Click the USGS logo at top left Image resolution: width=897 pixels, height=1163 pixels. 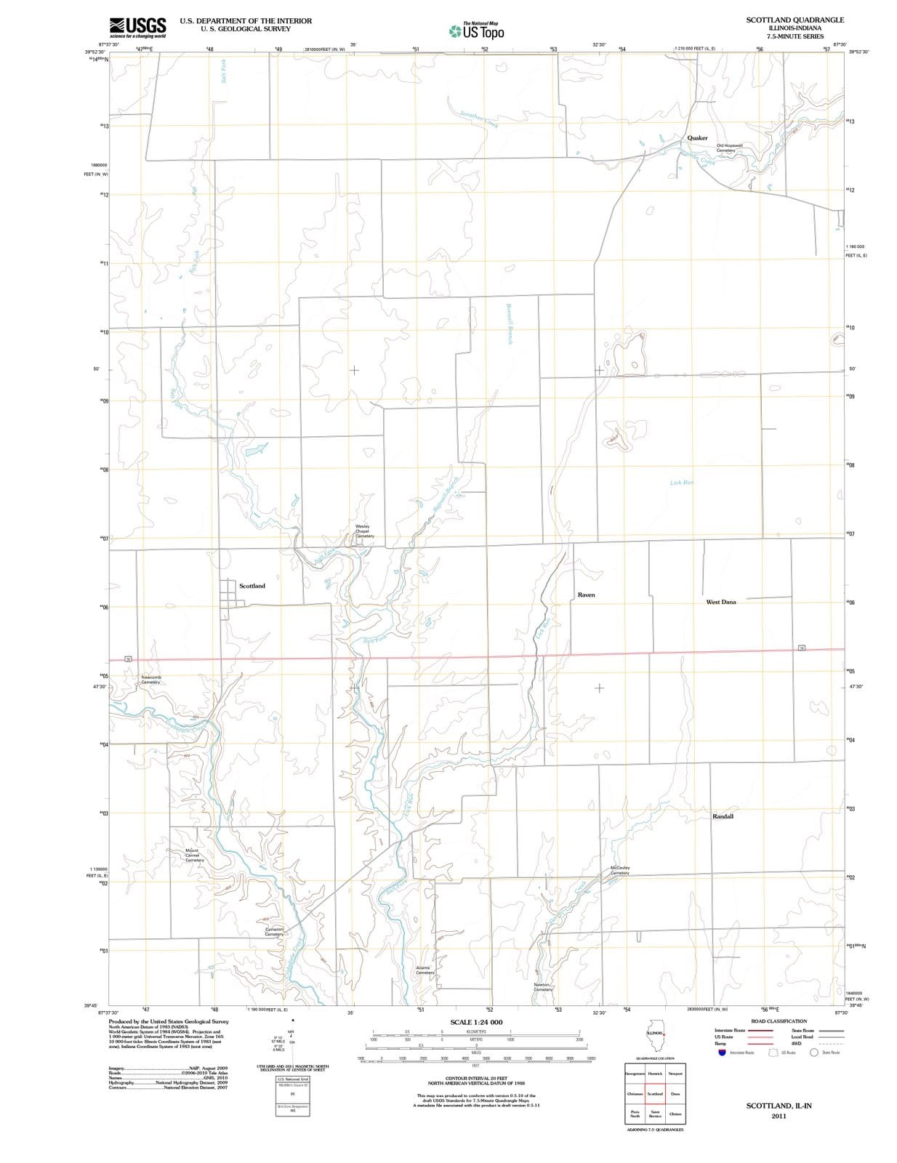coord(137,28)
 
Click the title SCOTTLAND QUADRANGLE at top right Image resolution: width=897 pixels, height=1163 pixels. coord(795,20)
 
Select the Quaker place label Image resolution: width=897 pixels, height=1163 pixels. coord(697,137)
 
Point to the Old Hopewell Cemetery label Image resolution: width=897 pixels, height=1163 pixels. coord(729,148)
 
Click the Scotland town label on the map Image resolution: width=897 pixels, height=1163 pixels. coord(252,586)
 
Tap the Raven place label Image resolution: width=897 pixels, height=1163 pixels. coord(586,595)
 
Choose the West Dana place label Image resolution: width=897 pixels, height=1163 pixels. coord(720,602)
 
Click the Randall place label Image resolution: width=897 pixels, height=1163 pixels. coord(723,816)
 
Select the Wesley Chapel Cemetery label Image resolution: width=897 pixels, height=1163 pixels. coord(363,531)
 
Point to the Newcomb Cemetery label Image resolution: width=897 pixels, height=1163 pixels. coord(150,680)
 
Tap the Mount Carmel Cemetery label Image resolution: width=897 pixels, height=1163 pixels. coord(194,856)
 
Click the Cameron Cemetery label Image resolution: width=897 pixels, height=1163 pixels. coord(274,931)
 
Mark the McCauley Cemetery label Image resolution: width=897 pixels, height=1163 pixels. coord(620,870)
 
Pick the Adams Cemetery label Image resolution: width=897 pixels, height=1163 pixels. coord(425,970)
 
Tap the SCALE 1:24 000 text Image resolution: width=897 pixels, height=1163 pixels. coord(476,1022)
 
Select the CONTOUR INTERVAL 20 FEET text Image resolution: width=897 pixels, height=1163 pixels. coord(476,1078)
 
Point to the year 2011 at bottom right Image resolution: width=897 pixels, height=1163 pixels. coord(779,1116)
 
